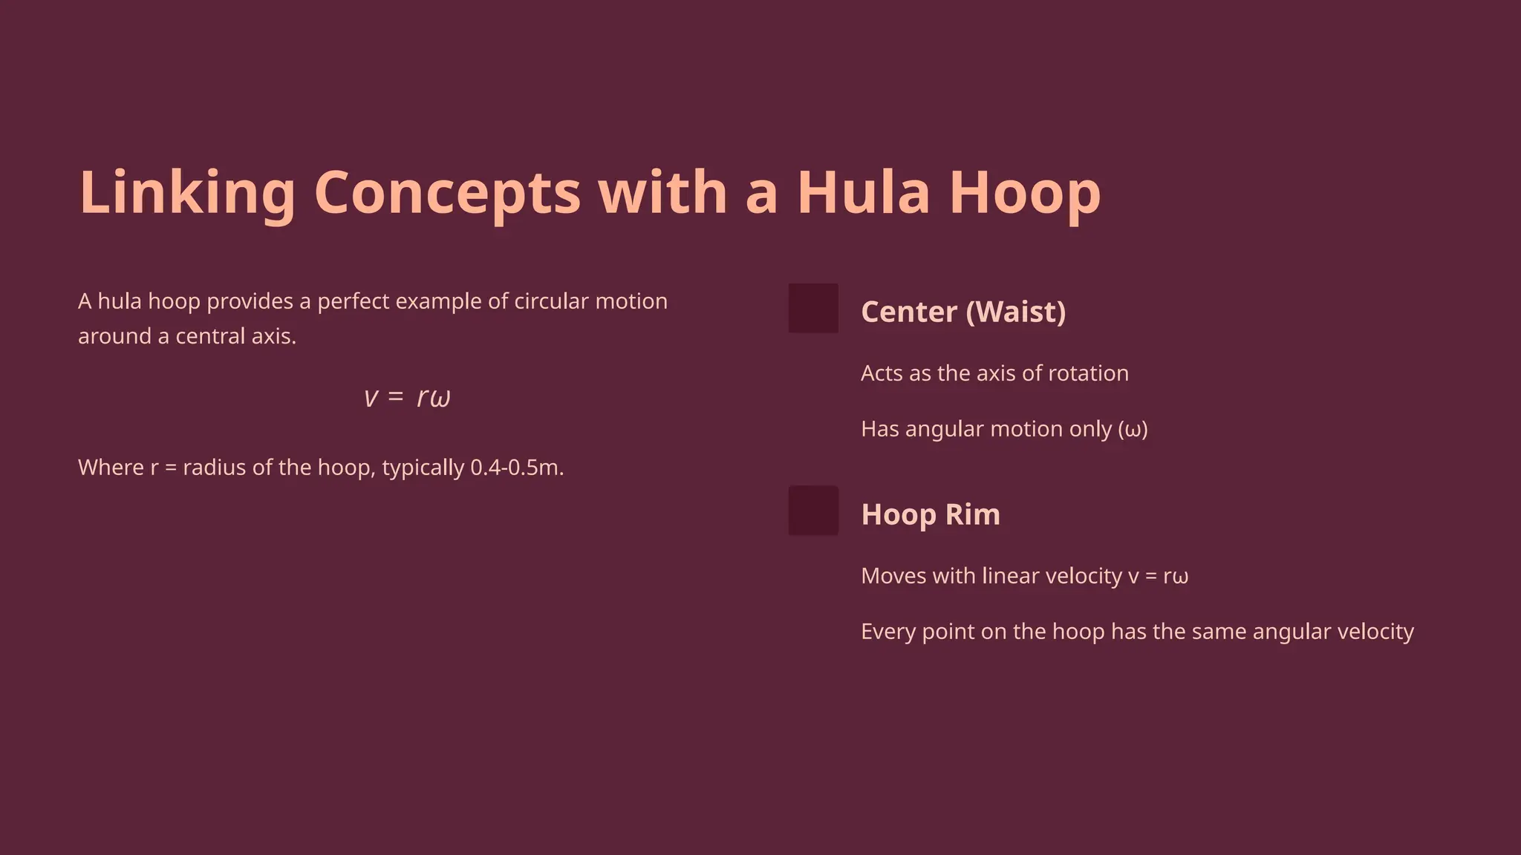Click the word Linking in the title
pyautogui.click(x=187, y=192)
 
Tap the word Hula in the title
pyautogui.click(x=863, y=192)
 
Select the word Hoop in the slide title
pyautogui.click(x=1025, y=192)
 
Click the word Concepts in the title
pyautogui.click(x=447, y=192)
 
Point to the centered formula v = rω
pyautogui.click(x=408, y=397)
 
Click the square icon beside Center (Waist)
pyautogui.click(x=813, y=308)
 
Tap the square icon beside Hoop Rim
pyautogui.click(x=813, y=511)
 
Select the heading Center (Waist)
pyautogui.click(x=963, y=312)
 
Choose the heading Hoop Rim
pyautogui.click(x=931, y=514)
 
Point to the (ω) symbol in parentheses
pyautogui.click(x=1133, y=429)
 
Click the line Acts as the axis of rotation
pyautogui.click(x=994, y=373)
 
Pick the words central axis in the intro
pyautogui.click(x=235, y=336)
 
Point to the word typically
pyautogui.click(x=423, y=468)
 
